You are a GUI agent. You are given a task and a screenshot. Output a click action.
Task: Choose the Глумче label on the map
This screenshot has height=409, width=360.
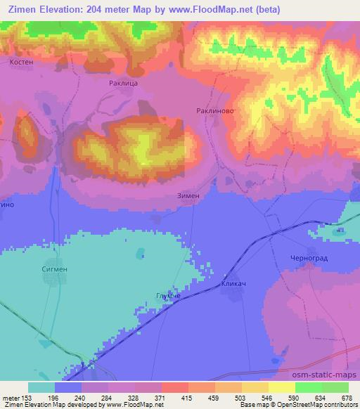tap(168, 296)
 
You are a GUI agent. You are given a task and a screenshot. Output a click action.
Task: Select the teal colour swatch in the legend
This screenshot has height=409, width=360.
tap(41, 387)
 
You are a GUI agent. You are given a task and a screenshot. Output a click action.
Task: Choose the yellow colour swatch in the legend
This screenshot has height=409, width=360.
tap(282, 387)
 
